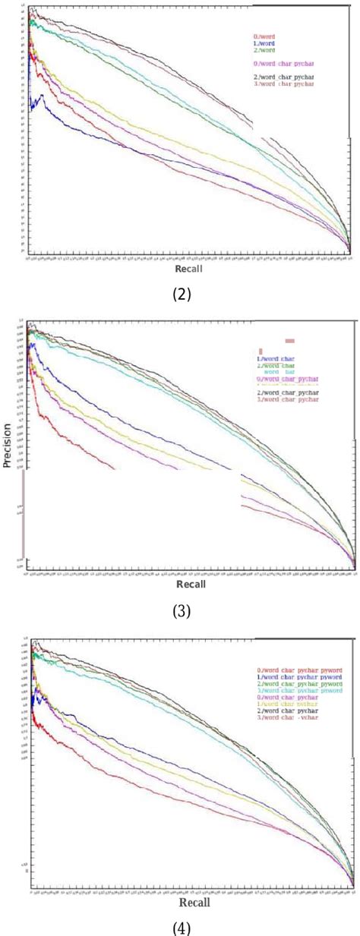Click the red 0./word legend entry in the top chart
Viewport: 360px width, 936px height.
[x=264, y=36]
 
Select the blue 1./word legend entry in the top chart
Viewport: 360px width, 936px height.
[x=264, y=43]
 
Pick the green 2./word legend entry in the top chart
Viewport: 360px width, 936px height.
[x=264, y=49]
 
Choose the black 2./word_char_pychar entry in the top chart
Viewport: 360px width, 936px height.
[x=284, y=77]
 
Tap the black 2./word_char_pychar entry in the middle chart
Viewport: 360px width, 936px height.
[x=287, y=392]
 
